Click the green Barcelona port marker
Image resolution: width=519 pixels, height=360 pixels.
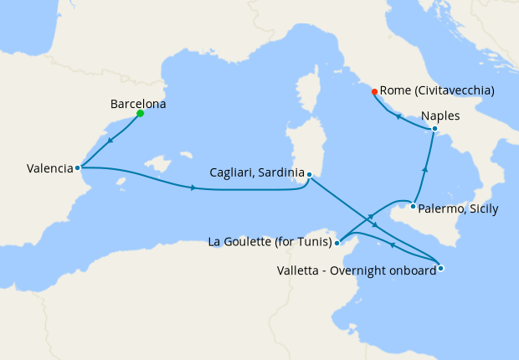pos(140,114)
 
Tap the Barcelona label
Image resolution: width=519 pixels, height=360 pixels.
pos(138,105)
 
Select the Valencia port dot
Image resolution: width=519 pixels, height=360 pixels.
pos(78,167)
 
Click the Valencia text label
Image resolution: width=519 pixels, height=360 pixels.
pos(50,168)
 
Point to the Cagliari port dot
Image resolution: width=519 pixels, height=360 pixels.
pos(309,174)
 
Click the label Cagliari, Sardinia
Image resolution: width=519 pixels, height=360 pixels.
pos(256,174)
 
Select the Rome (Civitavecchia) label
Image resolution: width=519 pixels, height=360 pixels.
pos(436,90)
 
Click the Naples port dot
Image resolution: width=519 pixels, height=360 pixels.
pos(434,128)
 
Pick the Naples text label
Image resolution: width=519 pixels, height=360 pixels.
pos(441,116)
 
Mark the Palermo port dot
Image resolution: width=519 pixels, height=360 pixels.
pos(413,206)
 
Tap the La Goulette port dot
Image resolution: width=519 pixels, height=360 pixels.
pos(337,244)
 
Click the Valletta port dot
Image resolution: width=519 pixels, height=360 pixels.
pos(440,268)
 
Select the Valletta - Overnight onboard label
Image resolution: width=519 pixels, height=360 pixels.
pos(356,270)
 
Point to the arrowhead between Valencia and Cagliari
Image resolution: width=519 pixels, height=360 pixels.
pos(193,188)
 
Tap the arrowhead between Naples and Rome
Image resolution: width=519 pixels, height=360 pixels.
pos(398,116)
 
